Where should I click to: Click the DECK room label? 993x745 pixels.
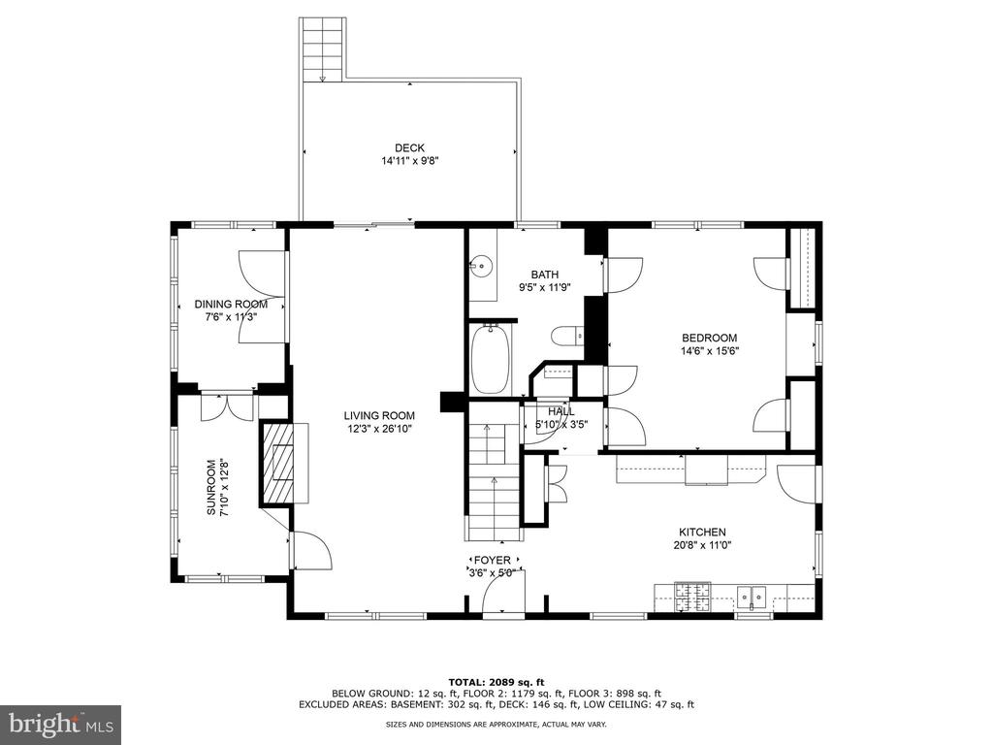pos(410,148)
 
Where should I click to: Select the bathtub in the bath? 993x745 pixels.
pos(490,359)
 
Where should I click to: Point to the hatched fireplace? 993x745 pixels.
pos(278,464)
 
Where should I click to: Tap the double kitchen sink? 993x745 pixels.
pos(752,597)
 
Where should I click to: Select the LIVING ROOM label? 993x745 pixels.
pos(379,415)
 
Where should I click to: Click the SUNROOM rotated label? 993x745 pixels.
pos(210,487)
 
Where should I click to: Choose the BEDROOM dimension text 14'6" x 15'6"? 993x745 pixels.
pos(710,350)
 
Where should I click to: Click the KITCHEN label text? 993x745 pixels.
pos(702,533)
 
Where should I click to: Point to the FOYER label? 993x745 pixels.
pos(492,560)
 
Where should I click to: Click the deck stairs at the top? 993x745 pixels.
pos(323,49)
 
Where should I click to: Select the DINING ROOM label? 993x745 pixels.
pos(231,304)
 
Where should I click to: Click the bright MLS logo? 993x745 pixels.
pos(61,722)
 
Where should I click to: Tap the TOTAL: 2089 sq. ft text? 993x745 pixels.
pos(496,682)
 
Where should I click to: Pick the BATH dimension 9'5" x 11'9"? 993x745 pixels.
pos(545,286)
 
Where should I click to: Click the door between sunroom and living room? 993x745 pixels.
pos(310,550)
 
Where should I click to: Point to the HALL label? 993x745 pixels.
pos(561,411)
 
